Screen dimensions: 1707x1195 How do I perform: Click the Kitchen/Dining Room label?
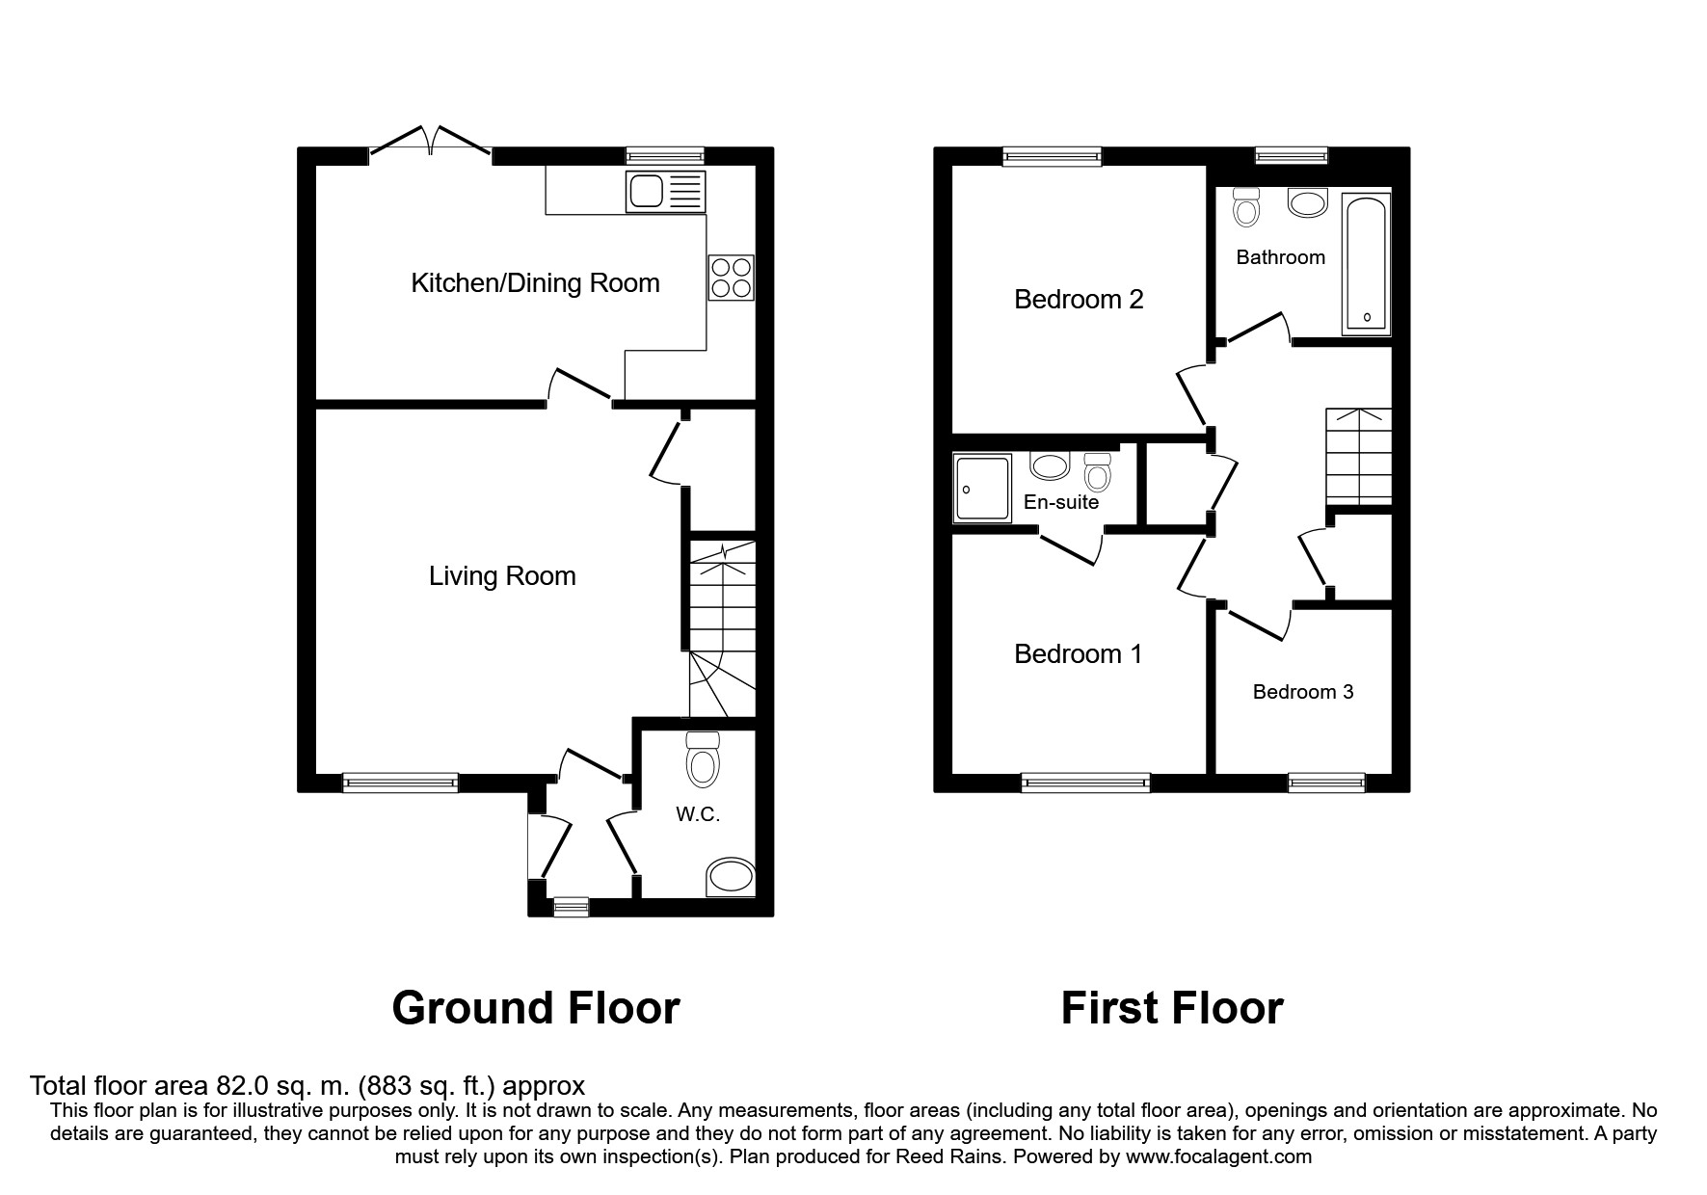pos(535,283)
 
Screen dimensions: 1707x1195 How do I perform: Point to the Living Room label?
pos(502,576)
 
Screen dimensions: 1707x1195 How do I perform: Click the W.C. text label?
pos(698,814)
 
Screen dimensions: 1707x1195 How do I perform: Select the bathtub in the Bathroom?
pos(1366,263)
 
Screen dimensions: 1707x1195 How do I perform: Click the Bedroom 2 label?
pos(1079,300)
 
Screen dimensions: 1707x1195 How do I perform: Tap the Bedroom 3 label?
pos(1303,692)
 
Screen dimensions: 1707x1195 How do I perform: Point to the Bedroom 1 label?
pos(1078,654)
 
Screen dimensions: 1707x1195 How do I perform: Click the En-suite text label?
pos(1061,502)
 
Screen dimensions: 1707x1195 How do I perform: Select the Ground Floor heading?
pos(536,1008)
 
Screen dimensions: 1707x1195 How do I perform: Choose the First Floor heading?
pos(1172,1008)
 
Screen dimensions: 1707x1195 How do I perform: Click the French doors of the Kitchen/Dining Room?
pos(431,142)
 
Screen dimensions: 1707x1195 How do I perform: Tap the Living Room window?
pos(400,783)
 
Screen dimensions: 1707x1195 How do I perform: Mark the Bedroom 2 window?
pos(1052,156)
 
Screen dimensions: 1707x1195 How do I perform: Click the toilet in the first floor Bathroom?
pos(1246,206)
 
